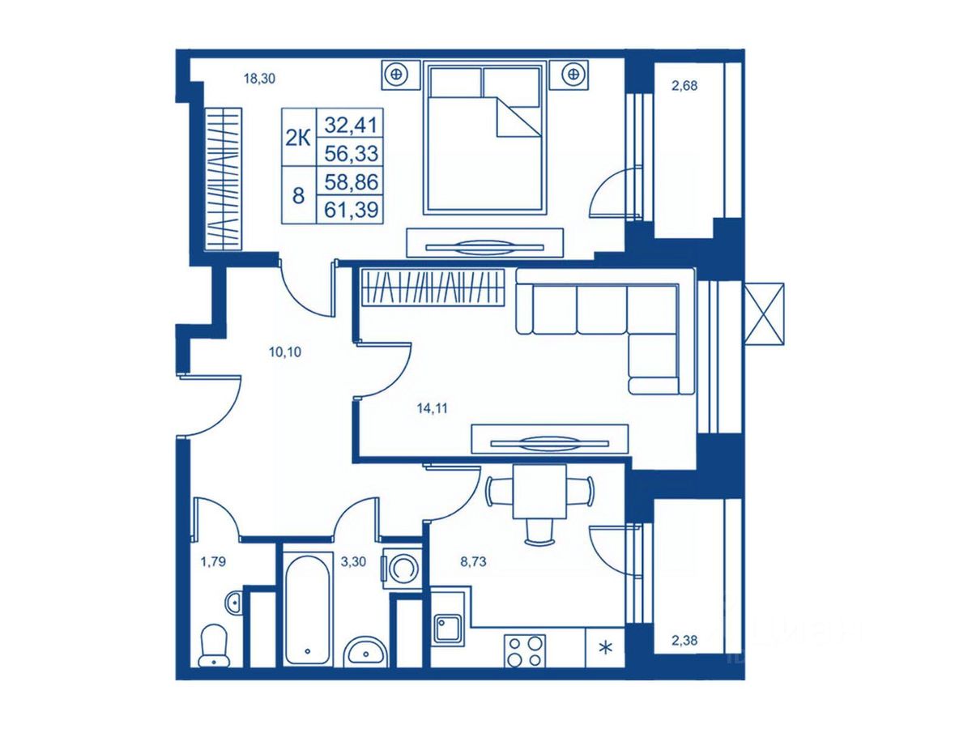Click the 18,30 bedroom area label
[259, 79]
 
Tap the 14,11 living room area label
[433, 408]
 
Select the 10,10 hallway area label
[285, 352]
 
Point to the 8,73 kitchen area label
[473, 562]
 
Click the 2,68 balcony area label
[684, 86]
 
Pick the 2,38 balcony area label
[684, 640]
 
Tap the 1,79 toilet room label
[214, 562]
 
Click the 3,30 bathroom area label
[353, 562]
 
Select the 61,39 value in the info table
[352, 209]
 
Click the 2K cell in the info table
[298, 138]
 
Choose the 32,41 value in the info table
[352, 125]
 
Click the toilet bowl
[215, 646]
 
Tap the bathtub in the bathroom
[307, 608]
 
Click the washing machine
[402, 568]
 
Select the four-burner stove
[525, 650]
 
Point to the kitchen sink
[447, 629]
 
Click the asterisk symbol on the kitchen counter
[604, 649]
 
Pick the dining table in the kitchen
[539, 492]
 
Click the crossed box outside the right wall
[764, 313]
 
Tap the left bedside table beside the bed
[400, 75]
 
